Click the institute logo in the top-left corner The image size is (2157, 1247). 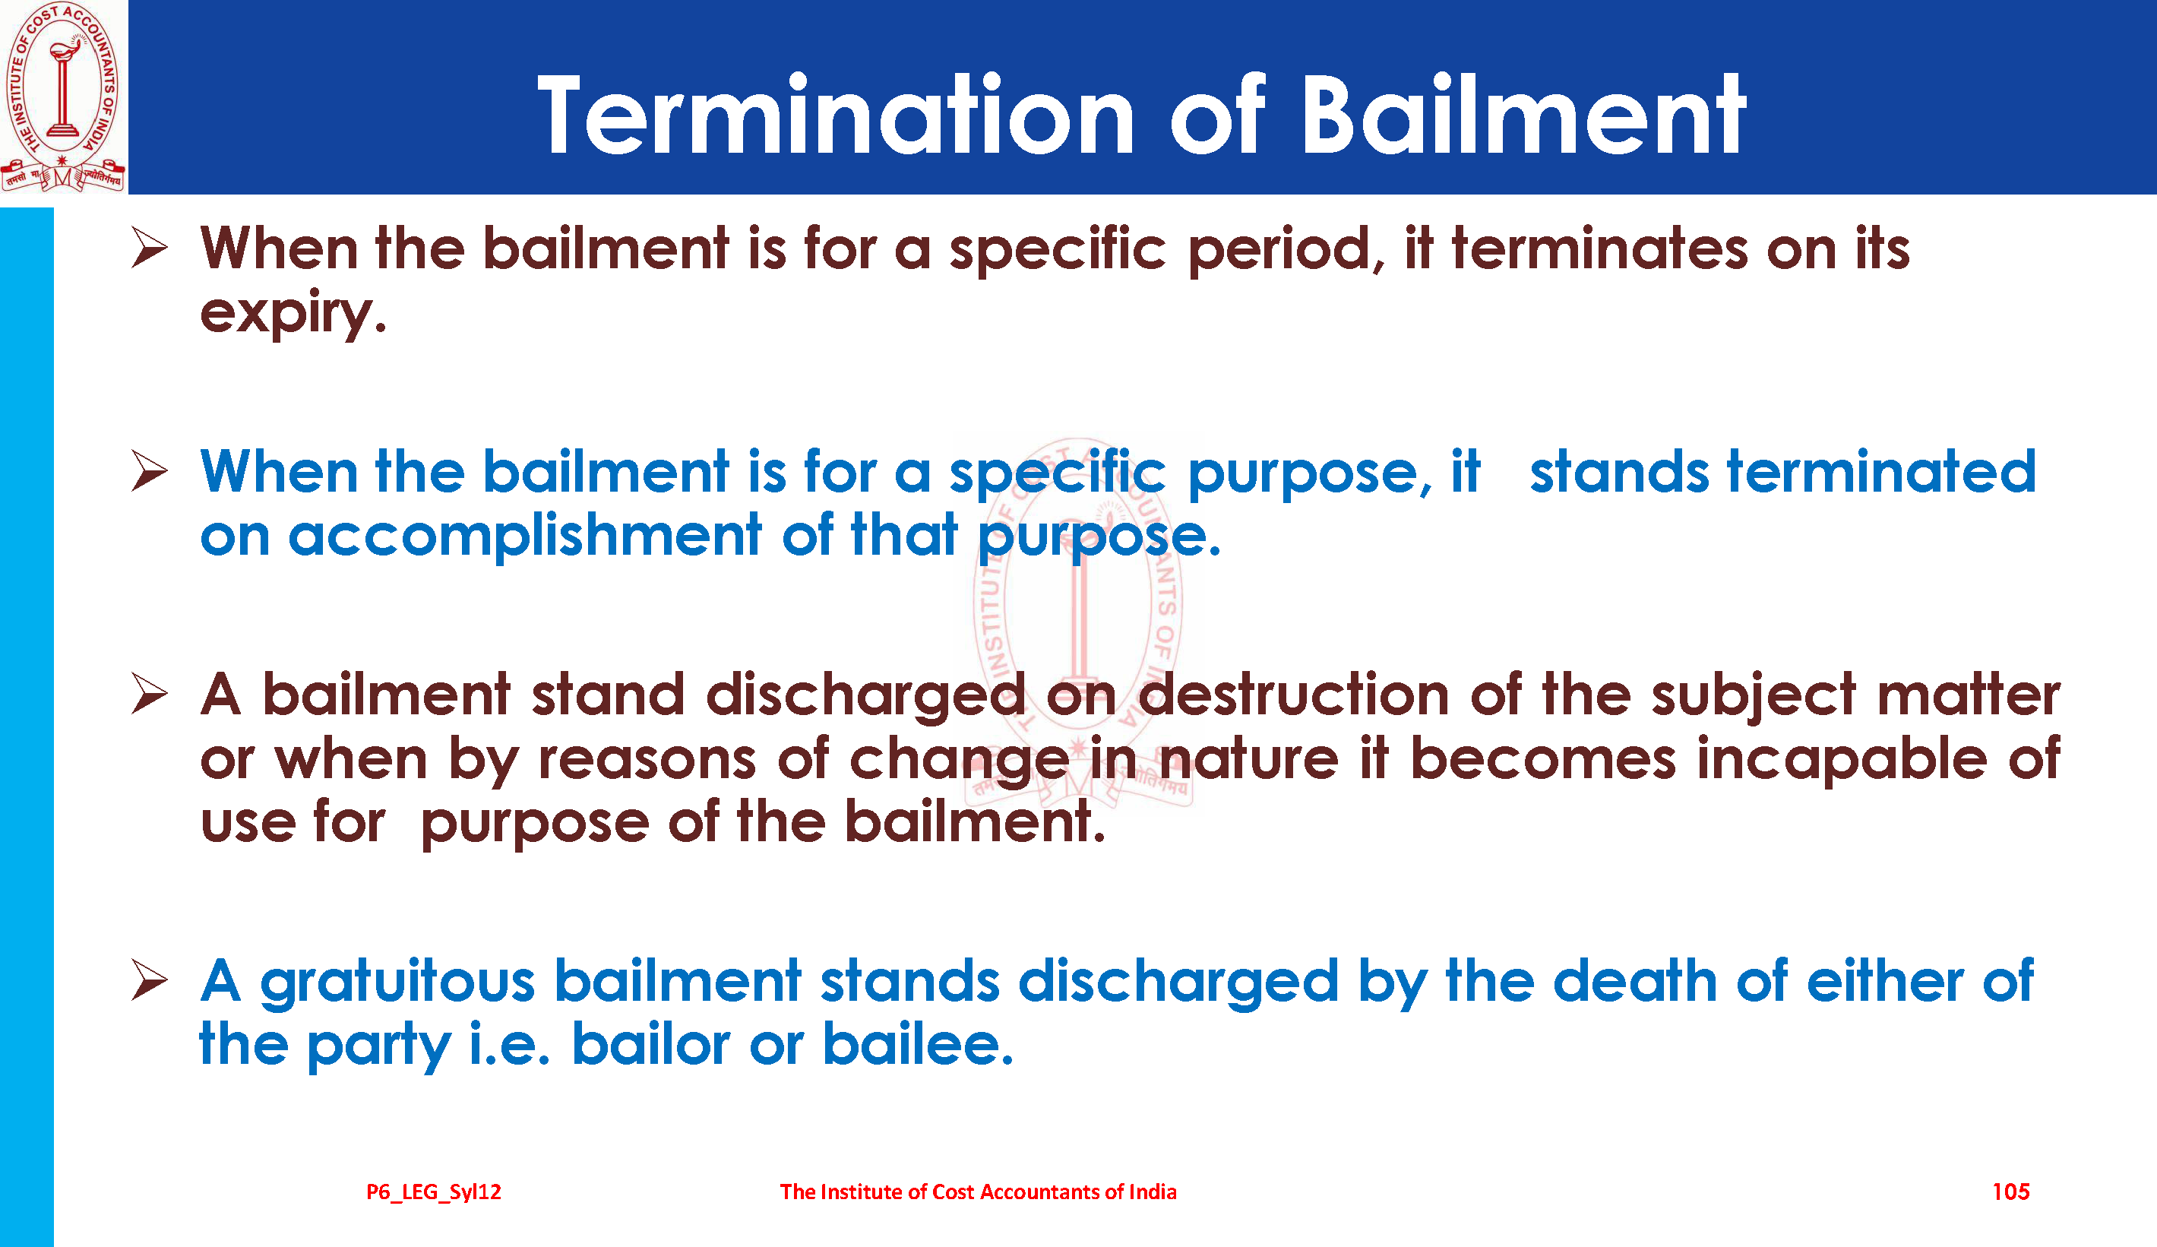pyautogui.click(x=63, y=96)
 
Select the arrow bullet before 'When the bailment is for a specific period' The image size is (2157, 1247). pyautogui.click(x=150, y=248)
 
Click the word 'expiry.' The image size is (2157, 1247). pyautogui.click(x=293, y=313)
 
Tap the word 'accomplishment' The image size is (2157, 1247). pyautogui.click(x=525, y=536)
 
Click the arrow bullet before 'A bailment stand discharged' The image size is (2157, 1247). pyautogui.click(x=150, y=693)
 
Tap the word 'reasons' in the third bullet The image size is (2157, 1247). pyautogui.click(x=647, y=760)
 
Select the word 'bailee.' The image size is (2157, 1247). pyautogui.click(x=918, y=1044)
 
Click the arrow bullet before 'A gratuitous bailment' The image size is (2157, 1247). pyautogui.click(x=150, y=980)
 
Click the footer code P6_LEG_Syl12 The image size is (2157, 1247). pyautogui.click(x=434, y=1192)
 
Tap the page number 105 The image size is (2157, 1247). pyautogui.click(x=2010, y=1192)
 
